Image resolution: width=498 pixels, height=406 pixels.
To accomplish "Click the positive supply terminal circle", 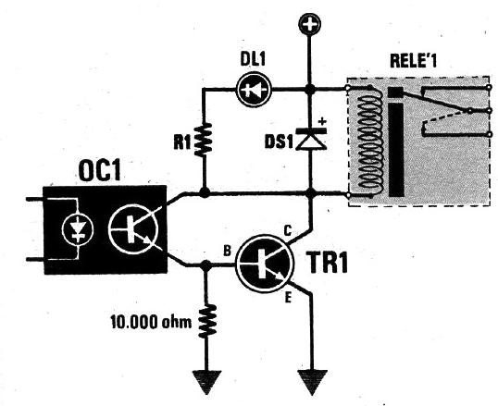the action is point(310,24).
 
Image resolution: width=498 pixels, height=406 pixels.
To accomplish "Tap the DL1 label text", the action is point(253,58).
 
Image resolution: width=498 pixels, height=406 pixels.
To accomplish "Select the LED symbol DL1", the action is point(254,90).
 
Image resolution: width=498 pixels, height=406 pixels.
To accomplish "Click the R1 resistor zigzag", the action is point(204,140).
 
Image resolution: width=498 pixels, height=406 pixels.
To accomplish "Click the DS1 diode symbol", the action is point(311,139).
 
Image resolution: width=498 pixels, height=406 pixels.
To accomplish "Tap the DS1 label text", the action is point(279,142).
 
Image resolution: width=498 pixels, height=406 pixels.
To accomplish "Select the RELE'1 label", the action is point(413,61).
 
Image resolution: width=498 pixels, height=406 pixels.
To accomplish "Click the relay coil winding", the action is point(368,141).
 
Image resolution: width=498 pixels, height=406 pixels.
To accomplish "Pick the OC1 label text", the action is point(100,172).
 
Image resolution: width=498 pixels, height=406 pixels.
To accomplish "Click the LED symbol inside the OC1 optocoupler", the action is point(78,228).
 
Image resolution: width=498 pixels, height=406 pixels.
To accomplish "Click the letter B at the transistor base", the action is point(227,252).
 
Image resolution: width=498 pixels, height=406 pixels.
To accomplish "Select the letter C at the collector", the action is point(287,231).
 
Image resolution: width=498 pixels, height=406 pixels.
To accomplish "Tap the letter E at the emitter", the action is point(288,299).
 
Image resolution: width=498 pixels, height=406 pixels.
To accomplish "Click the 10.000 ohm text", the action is point(151,323).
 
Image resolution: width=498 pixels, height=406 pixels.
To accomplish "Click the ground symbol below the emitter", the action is point(312,382).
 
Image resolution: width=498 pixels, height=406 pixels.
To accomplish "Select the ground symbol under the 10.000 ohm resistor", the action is point(206,382).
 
